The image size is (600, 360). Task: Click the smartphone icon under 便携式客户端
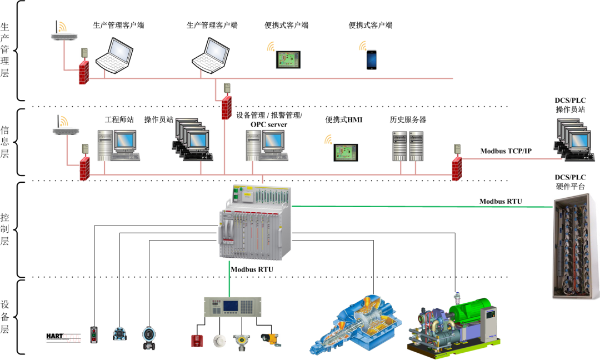coord(371,60)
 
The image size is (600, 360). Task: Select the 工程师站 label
coord(119,119)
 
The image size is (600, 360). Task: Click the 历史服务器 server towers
coord(408,146)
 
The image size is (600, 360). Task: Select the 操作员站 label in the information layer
coord(159,119)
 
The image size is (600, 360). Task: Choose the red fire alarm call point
coord(196,340)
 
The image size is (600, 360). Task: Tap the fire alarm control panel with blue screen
coord(229,309)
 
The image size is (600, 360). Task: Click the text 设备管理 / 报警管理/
coord(269,116)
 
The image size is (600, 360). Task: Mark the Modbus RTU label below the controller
coord(252,269)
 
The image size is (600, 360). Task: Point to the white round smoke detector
coord(218,339)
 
